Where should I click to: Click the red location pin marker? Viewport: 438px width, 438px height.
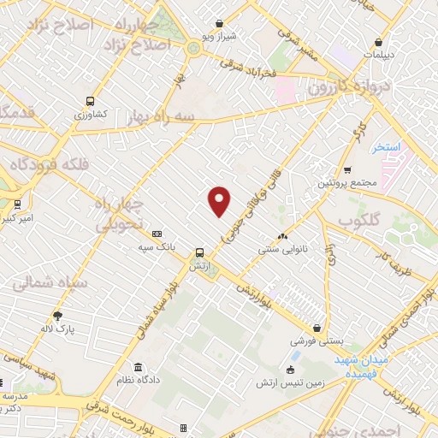220,201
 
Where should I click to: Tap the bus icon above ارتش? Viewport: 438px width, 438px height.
199,252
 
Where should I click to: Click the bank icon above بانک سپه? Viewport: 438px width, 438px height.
157,234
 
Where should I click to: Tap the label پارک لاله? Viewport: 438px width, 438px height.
58,328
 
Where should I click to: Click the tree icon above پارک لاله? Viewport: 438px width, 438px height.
58,315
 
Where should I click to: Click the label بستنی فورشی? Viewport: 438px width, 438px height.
317,340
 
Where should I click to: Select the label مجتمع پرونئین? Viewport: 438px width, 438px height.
346,183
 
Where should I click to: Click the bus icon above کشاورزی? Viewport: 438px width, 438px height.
91,101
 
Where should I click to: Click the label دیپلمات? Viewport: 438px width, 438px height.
380,54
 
